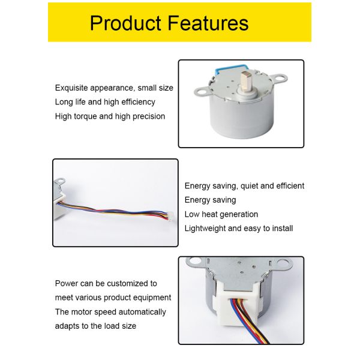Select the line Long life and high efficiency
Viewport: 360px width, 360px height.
[105, 102]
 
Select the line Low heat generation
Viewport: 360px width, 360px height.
[221, 214]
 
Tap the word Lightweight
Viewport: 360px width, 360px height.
[205, 229]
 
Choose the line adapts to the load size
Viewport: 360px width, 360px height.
[95, 326]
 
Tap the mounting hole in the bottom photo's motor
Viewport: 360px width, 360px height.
[194, 263]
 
